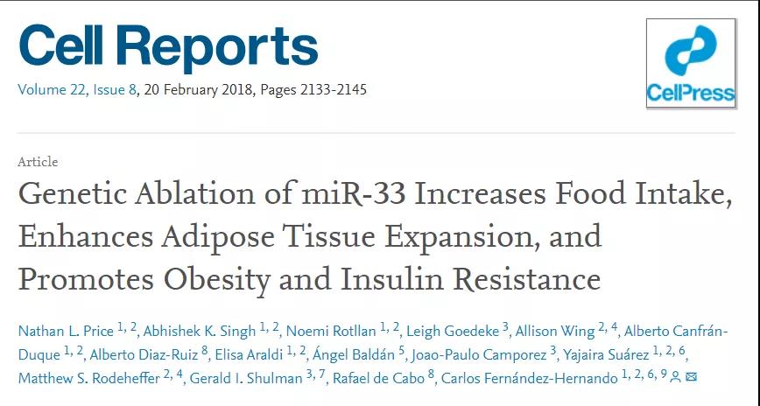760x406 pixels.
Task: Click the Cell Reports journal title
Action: [x=168, y=46]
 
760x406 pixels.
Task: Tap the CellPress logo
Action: [x=690, y=63]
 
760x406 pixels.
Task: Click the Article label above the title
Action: [x=38, y=162]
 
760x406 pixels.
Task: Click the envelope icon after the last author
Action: [x=692, y=378]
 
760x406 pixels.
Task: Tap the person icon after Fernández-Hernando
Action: [x=675, y=378]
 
